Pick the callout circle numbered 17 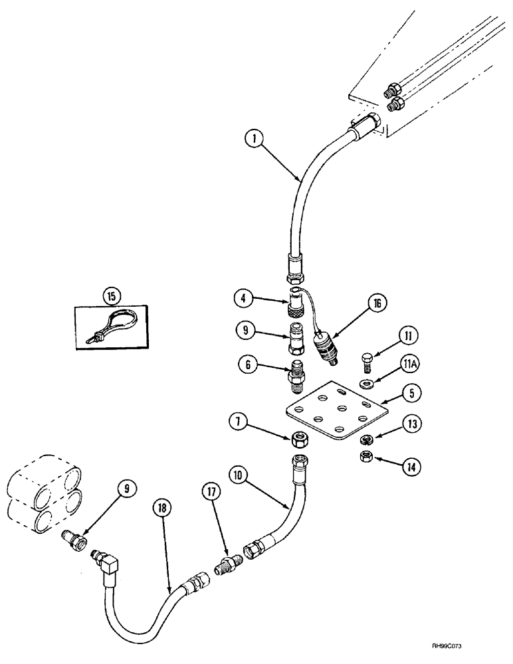211,493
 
